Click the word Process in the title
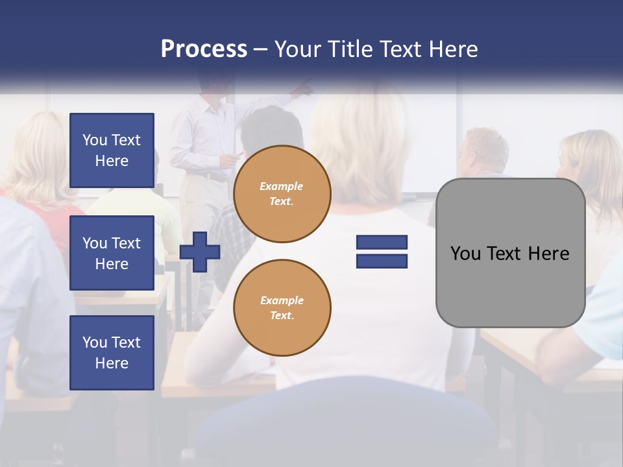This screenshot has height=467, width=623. point(204,49)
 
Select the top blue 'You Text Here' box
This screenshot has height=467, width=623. point(112,150)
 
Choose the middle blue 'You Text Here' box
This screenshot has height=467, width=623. point(112,253)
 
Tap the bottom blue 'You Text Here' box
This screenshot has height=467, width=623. point(112,352)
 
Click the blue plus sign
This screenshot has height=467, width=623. point(200,252)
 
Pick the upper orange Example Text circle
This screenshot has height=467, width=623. point(282,194)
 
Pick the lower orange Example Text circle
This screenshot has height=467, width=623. point(282,308)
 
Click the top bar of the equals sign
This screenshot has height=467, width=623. point(382,242)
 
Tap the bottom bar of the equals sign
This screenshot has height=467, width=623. point(382,261)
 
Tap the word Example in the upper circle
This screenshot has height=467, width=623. point(282,186)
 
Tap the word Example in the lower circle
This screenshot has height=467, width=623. point(282,300)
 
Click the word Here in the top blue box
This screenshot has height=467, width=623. point(112,161)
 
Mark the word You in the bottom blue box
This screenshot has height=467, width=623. point(94,342)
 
